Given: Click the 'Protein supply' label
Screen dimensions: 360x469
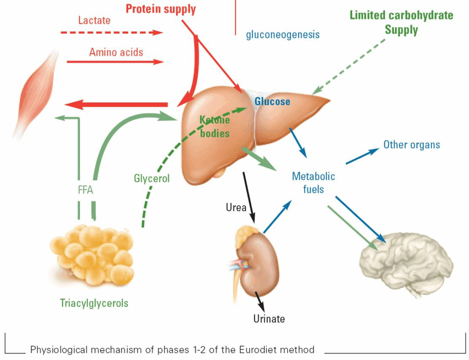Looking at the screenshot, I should [160, 9].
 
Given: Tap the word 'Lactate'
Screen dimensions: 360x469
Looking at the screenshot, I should [94, 20].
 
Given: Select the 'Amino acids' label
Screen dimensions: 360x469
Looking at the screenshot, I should [116, 52].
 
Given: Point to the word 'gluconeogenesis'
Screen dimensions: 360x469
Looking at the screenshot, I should [283, 34].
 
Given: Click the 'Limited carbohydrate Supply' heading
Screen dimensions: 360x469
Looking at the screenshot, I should [401, 22].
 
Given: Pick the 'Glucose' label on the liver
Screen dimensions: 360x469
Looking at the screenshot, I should [273, 101].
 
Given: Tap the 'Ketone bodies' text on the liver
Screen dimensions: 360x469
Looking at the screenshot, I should [214, 126].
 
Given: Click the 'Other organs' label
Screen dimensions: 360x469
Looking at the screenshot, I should [411, 145].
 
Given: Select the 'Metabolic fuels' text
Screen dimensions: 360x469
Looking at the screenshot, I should [313, 182].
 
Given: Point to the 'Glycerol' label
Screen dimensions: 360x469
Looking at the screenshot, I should [152, 178].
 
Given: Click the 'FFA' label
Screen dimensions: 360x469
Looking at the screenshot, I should [86, 190].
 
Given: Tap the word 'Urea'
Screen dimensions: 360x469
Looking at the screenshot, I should [236, 207].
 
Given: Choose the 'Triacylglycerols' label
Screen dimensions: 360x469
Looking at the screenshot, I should [94, 303].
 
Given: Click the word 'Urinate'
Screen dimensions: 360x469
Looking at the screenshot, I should [269, 318].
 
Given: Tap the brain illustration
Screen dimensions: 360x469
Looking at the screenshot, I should [405, 263].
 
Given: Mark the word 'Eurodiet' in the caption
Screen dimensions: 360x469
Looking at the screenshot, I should [257, 350].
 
